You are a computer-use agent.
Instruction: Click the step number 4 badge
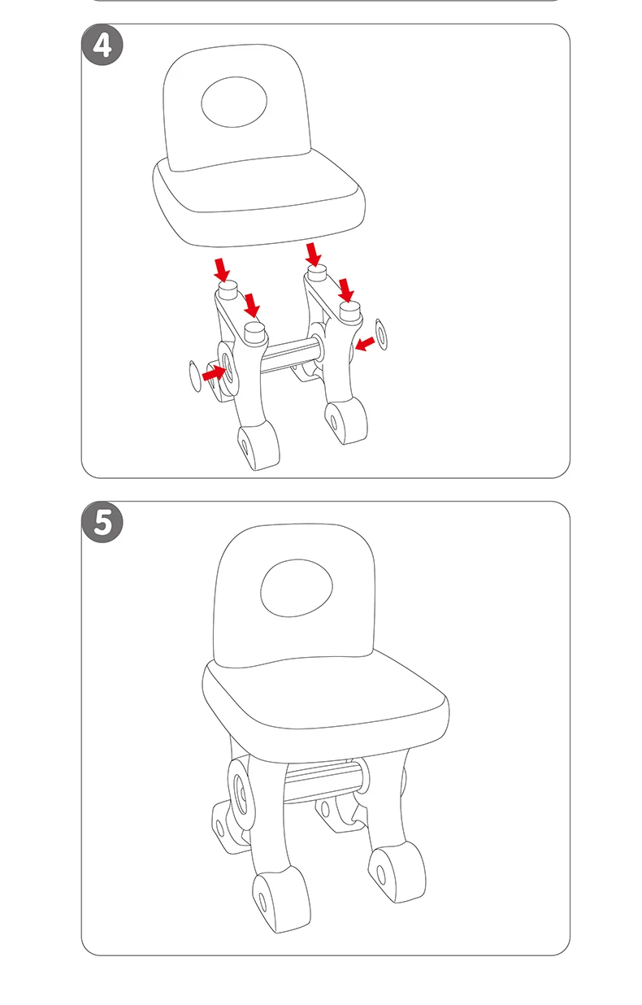click(102, 45)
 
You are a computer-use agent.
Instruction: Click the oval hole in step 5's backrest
click(297, 587)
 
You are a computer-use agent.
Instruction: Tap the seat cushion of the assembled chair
click(325, 698)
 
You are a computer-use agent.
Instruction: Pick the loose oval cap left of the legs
click(194, 376)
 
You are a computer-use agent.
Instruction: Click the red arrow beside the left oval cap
click(214, 372)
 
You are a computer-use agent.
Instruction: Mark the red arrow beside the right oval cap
click(366, 344)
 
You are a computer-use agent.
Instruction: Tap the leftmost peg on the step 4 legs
click(228, 289)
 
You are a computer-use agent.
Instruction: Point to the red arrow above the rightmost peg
click(346, 289)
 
